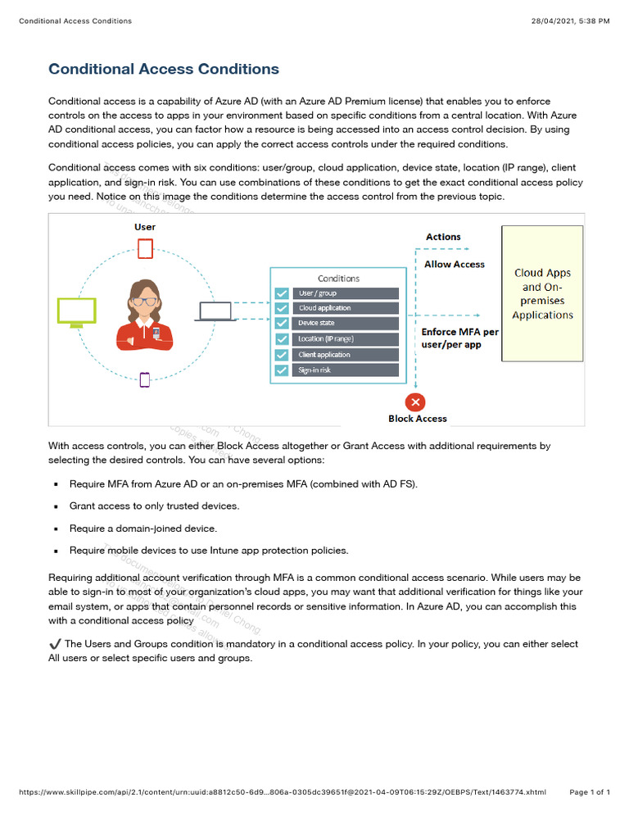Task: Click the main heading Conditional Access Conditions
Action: pyautogui.click(x=164, y=70)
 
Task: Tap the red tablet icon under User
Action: pyautogui.click(x=145, y=248)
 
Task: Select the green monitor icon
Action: pyautogui.click(x=76, y=311)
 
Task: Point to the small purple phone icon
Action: pyautogui.click(x=145, y=379)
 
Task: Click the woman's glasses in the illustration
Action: pyautogui.click(x=144, y=301)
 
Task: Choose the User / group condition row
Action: pyautogui.click(x=347, y=293)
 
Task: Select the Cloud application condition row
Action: pyautogui.click(x=347, y=308)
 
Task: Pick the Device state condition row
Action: pyautogui.click(x=347, y=324)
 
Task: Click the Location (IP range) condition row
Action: pyautogui.click(x=347, y=339)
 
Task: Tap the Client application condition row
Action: pyautogui.click(x=347, y=355)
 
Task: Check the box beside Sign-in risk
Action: pyautogui.click(x=282, y=370)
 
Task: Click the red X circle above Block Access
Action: pyautogui.click(x=416, y=402)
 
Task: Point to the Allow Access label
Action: pyautogui.click(x=455, y=265)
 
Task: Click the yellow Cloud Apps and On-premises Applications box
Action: pyautogui.click(x=542, y=293)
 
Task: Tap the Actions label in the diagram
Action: pyautogui.click(x=443, y=237)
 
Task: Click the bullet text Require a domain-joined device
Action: pyautogui.click(x=143, y=528)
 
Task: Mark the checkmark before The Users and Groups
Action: pyautogui.click(x=55, y=644)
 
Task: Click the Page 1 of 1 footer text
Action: pyautogui.click(x=589, y=792)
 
